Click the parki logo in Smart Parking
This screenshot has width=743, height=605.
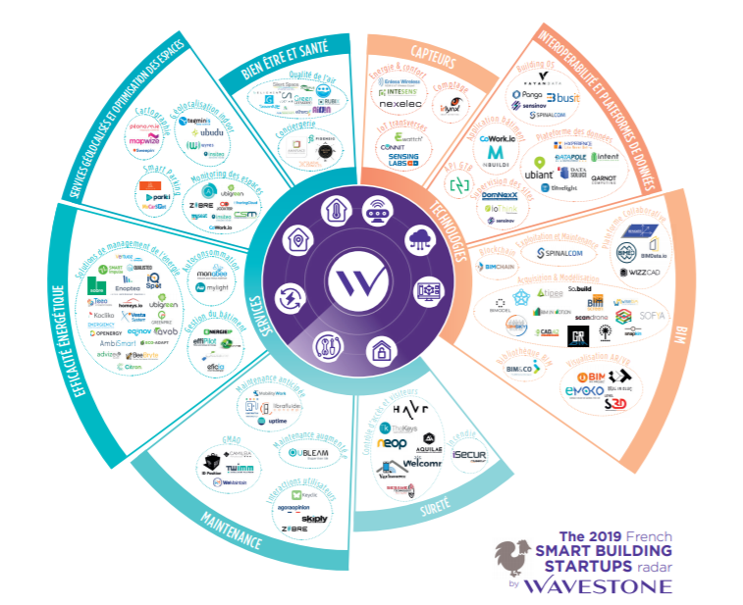pyautogui.click(x=152, y=196)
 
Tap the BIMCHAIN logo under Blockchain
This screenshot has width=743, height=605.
pyautogui.click(x=502, y=266)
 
